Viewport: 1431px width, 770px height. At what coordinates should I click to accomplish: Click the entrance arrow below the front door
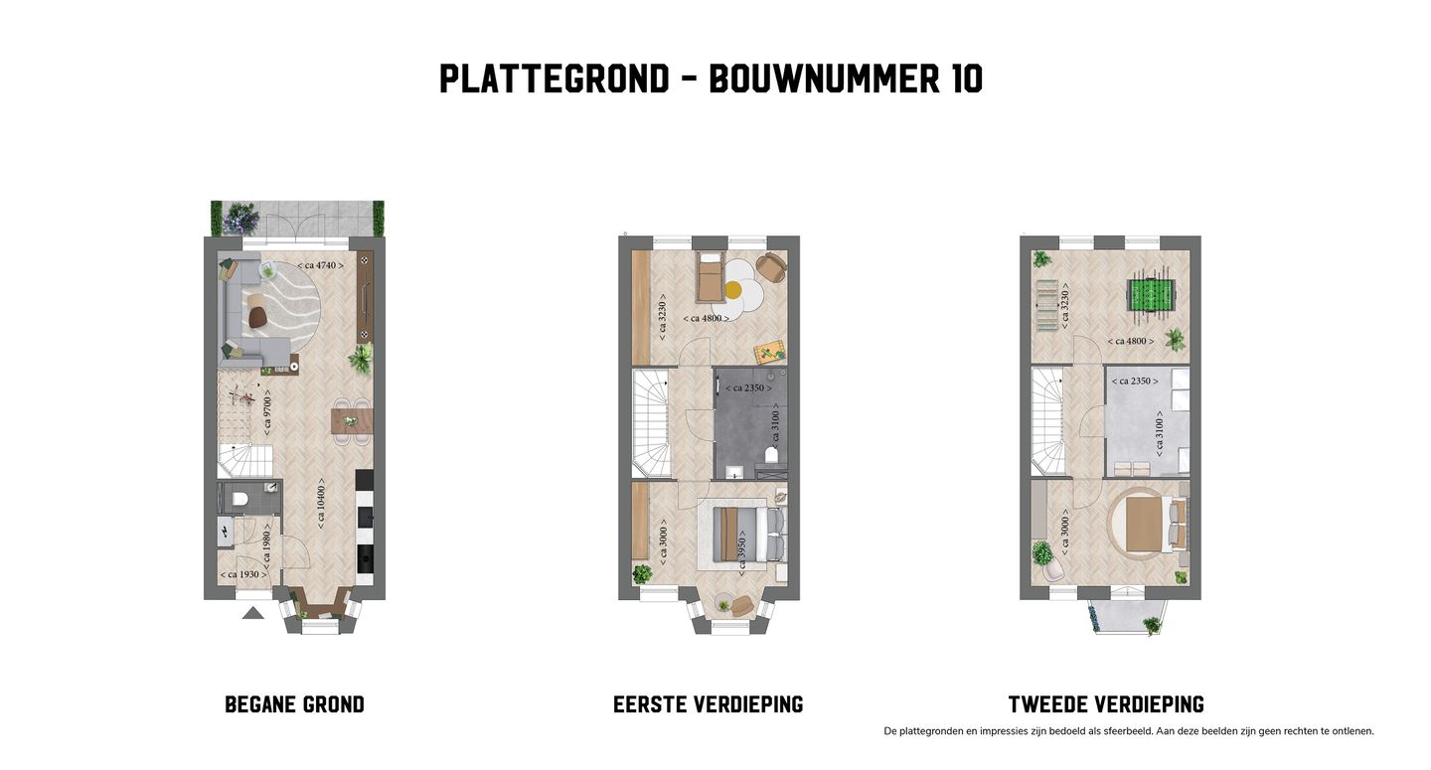(252, 612)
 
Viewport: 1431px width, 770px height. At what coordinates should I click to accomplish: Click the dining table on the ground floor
(350, 422)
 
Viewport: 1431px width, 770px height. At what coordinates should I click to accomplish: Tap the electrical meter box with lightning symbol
(225, 532)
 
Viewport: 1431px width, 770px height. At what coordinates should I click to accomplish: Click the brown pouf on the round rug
(258, 317)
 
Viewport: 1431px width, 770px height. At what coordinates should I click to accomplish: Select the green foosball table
(1150, 295)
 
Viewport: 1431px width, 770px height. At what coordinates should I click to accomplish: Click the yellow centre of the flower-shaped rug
(733, 290)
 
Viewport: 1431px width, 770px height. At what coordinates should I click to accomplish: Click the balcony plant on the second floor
(1151, 625)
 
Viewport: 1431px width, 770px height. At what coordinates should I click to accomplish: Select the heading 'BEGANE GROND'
(294, 705)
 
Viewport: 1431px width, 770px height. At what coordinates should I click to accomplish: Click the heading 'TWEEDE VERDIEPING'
(1106, 705)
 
